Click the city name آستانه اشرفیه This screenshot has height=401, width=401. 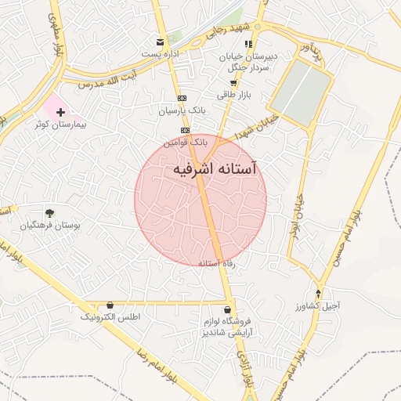coord(213,169)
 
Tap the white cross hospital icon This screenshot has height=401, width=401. coord(60,114)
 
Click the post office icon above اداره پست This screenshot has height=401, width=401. coord(161,42)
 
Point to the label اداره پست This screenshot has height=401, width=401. coord(161,54)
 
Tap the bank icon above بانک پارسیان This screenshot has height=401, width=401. coord(182,98)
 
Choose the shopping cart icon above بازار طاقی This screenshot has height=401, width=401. coord(233,82)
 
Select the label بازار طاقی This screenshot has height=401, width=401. coord(233,94)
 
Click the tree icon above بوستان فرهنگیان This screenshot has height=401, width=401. coord(50,212)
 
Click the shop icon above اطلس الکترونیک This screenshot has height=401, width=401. coord(109,305)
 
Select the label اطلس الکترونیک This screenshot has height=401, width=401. coord(110,318)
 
